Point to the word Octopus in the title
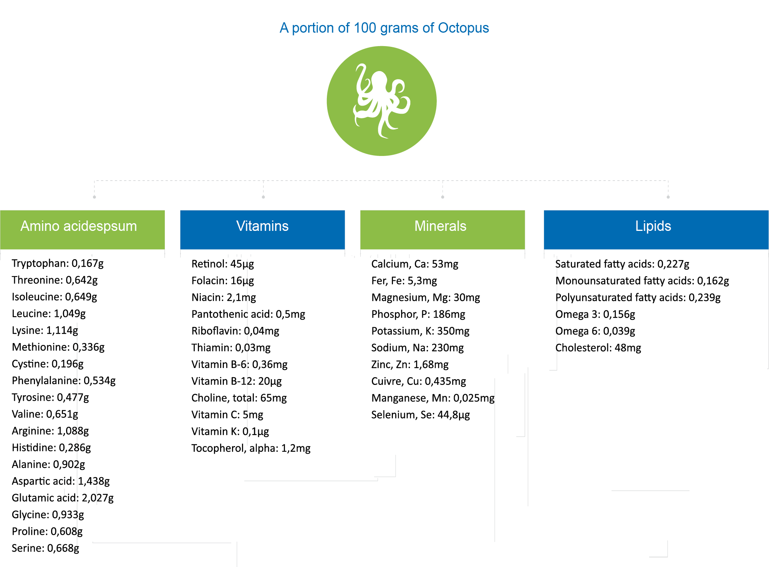click(x=463, y=28)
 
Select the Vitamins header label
click(x=262, y=226)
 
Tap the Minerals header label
click(x=440, y=226)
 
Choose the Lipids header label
click(x=653, y=226)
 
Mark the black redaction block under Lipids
click(x=641, y=306)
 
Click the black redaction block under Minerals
click(x=433, y=340)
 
